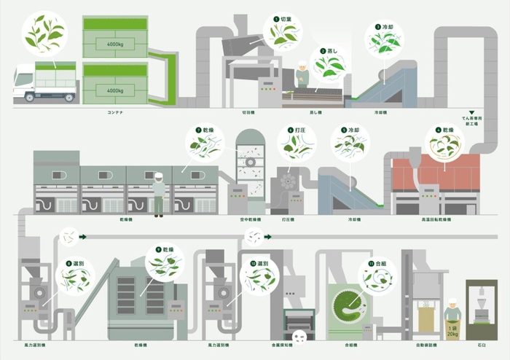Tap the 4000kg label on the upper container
[x=115, y=44]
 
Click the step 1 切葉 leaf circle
[x=283, y=31]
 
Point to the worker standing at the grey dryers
[x=158, y=192]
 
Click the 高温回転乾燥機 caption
[x=436, y=219]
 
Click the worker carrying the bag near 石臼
[x=452, y=309]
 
